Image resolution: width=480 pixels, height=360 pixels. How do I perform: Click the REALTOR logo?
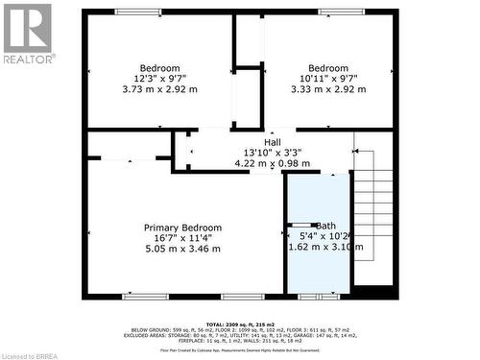pyautogui.click(x=28, y=33)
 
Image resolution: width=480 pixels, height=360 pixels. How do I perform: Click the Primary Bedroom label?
pyautogui.click(x=183, y=228)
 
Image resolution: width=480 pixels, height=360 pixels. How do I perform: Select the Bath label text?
pyautogui.click(x=327, y=226)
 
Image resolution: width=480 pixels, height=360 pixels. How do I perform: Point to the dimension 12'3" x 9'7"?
pyautogui.click(x=159, y=79)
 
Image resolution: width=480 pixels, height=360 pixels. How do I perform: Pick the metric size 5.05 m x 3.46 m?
pyautogui.click(x=183, y=249)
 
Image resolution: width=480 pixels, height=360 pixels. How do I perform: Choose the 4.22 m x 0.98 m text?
pyautogui.click(x=273, y=163)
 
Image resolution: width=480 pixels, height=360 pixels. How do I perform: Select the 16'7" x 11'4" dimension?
pyautogui.click(x=183, y=238)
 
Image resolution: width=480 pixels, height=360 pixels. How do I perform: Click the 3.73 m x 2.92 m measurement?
pyautogui.click(x=159, y=89)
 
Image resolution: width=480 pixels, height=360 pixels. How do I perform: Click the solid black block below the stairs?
pyautogui.click(x=374, y=292)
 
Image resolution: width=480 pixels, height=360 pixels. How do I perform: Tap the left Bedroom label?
pyautogui.click(x=159, y=68)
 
